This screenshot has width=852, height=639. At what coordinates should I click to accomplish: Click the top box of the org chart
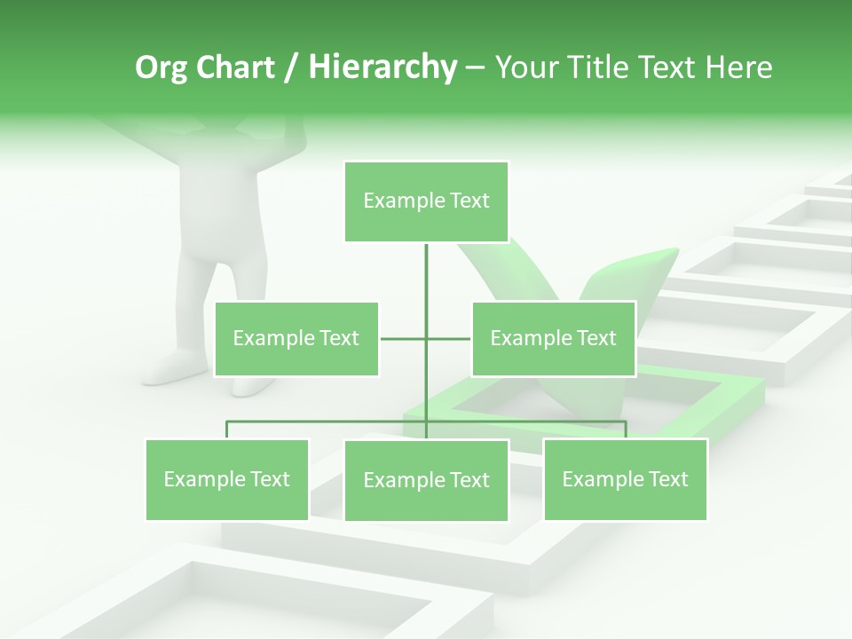coord(426,201)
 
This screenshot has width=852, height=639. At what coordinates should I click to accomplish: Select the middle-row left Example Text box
coord(296,338)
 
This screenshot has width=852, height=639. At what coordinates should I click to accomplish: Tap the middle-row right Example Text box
coord(553,338)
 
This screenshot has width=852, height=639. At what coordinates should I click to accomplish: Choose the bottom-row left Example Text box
coord(227,479)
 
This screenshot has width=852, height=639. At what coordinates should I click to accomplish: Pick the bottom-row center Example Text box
coord(426,480)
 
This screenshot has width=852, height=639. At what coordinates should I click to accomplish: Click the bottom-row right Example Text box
coord(625,479)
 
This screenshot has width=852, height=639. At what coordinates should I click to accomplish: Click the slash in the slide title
coord(289,67)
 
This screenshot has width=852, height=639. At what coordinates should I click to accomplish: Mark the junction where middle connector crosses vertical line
coord(426,338)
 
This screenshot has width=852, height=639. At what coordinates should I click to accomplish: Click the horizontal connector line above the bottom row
coord(328,422)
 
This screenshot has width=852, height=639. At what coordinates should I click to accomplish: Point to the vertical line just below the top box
coord(426,266)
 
